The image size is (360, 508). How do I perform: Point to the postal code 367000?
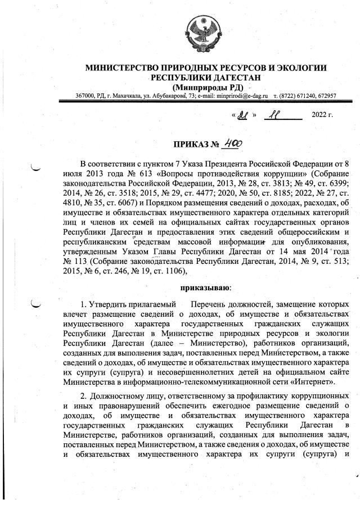[x=84, y=96]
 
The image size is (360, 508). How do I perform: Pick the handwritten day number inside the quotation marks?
[x=243, y=116]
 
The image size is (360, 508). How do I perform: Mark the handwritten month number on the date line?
[x=276, y=116]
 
